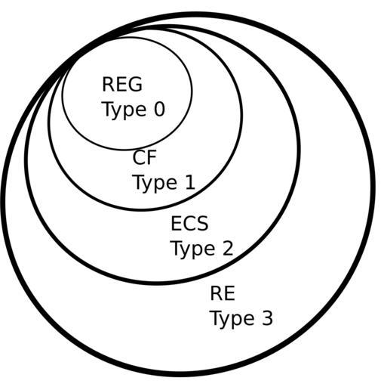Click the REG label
[122, 84]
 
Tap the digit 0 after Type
[159, 110]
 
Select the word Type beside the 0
[124, 110]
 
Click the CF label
[144, 157]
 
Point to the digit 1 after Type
[190, 182]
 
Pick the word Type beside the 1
[155, 184]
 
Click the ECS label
[189, 223]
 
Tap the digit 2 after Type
[228, 249]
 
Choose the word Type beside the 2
[193, 249]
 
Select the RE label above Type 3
[223, 293]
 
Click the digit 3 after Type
[267, 318]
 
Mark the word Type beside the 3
[233, 320]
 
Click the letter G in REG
[136, 84]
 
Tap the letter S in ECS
[202, 223]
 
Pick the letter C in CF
[139, 157]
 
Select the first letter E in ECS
[176, 223]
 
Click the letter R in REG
[108, 84]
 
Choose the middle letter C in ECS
[189, 223]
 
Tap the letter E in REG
[121, 84]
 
